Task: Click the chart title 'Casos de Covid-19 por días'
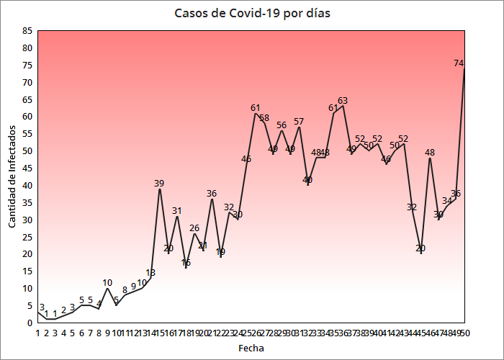coord(252,14)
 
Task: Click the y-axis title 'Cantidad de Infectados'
coord(12,176)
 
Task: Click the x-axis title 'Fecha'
coord(251,348)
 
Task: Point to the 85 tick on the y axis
coord(27,31)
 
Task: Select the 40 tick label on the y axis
coord(27,185)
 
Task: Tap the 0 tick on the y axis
coord(30,323)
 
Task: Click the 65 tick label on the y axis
coord(27,99)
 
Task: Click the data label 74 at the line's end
coord(459,63)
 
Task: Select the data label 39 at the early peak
coord(159,183)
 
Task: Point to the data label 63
coord(343,101)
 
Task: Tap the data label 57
coord(299,121)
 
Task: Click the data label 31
coord(176,210)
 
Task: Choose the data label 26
coord(194,228)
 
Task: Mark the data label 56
coord(282,125)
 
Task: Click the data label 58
coord(264,117)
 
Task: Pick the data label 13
coord(150,273)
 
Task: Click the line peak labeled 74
coord(464,69)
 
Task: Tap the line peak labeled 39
coord(159,189)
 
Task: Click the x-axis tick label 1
coord(37,333)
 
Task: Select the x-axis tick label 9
coord(107,333)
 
